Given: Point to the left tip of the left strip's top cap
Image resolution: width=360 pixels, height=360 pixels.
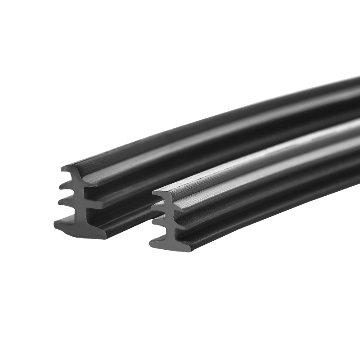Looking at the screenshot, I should pos(62,169).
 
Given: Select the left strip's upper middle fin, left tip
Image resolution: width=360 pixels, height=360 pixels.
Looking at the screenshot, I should pos(60,187).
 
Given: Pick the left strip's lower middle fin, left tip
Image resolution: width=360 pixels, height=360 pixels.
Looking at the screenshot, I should pos(59,202).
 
